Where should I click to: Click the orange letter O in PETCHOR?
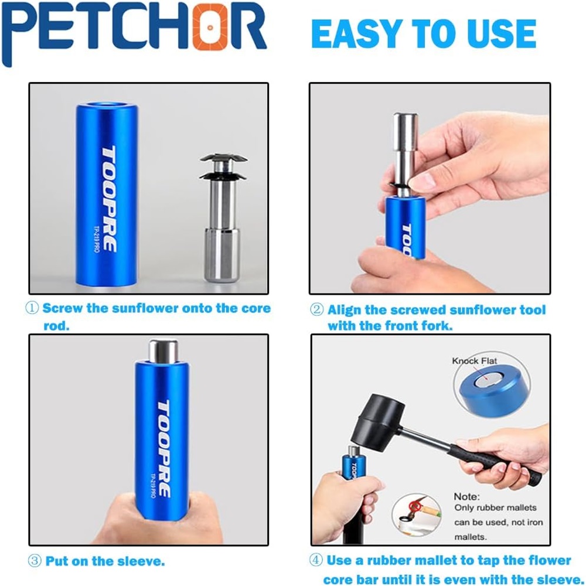(210, 27)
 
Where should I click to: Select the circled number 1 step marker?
(32, 308)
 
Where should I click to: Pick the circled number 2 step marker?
(316, 309)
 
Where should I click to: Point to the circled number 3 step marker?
(35, 561)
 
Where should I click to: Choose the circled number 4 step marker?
(316, 560)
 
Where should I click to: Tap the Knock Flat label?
(474, 360)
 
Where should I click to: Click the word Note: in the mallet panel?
(467, 496)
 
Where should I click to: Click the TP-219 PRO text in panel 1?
(96, 239)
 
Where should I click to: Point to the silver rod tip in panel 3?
(163, 350)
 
